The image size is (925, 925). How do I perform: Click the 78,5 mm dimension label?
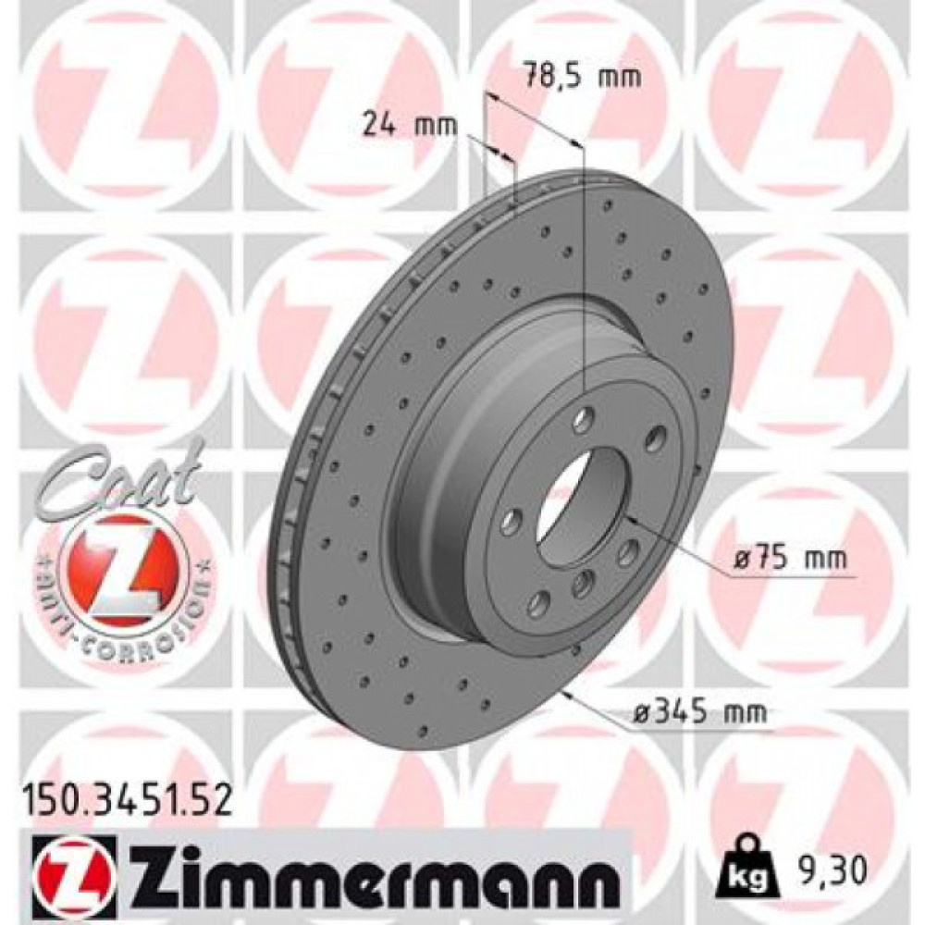582,77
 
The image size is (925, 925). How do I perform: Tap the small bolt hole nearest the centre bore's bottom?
582,583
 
